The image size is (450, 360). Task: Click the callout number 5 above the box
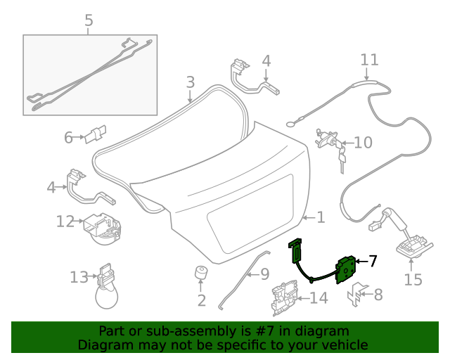click(x=89, y=21)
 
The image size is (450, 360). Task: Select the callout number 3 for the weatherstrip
click(x=190, y=83)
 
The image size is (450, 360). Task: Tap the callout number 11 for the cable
click(x=369, y=60)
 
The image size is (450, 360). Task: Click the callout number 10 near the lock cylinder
click(x=363, y=143)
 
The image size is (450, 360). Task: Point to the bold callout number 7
click(x=373, y=261)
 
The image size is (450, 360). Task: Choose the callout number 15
click(x=413, y=280)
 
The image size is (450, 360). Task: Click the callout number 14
click(x=319, y=298)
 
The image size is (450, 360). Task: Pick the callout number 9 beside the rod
click(x=264, y=273)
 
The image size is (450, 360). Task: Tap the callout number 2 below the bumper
click(x=201, y=301)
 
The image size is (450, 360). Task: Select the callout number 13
click(x=79, y=277)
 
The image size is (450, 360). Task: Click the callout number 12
click(x=65, y=222)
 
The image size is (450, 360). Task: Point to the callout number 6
click(x=69, y=138)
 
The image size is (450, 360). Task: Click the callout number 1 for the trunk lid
click(x=321, y=218)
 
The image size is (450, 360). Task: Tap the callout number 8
click(x=378, y=295)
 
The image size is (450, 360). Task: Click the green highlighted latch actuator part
click(x=344, y=268)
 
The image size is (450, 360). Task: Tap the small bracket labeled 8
click(x=356, y=294)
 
